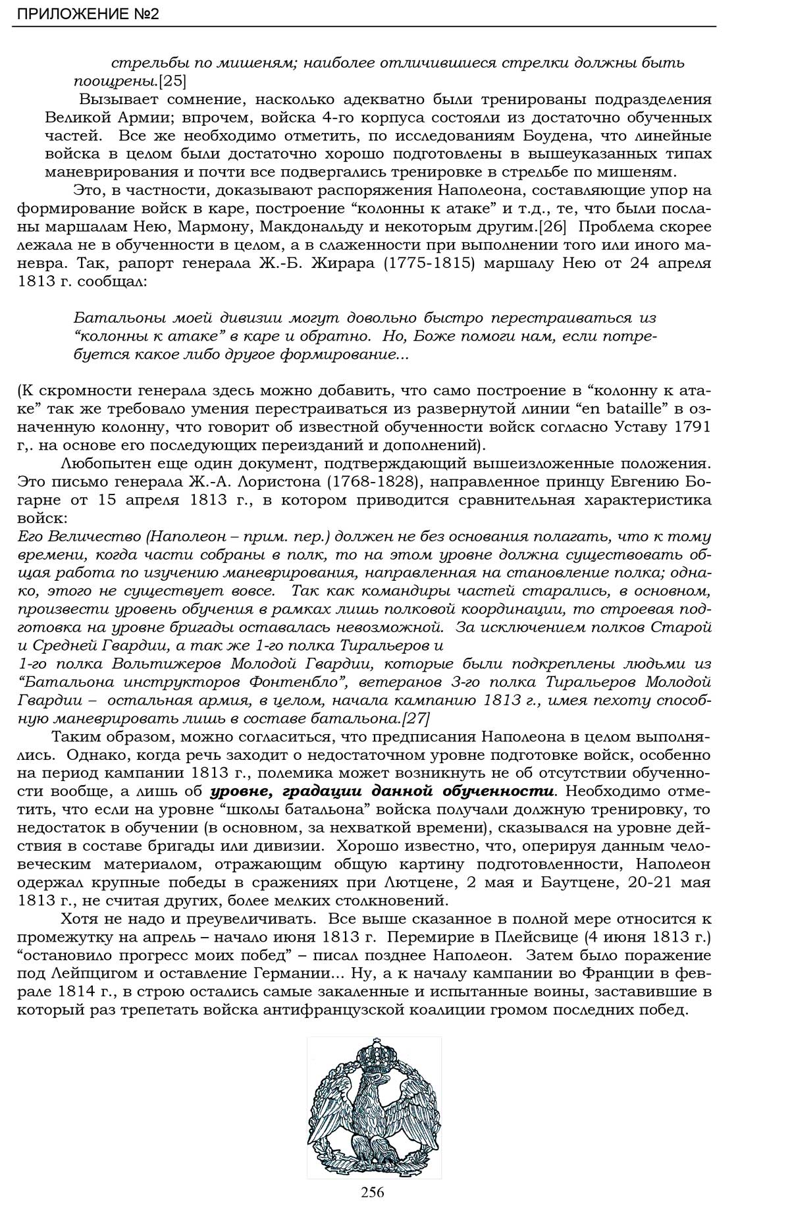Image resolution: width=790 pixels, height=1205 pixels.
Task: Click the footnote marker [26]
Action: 551,228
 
